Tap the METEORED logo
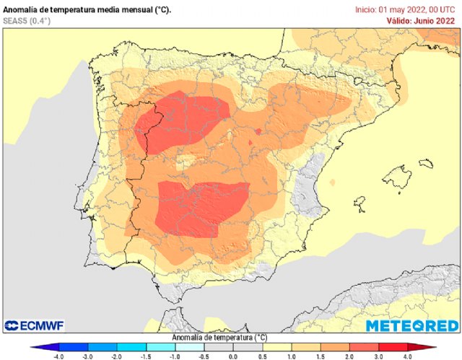click(x=411, y=326)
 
